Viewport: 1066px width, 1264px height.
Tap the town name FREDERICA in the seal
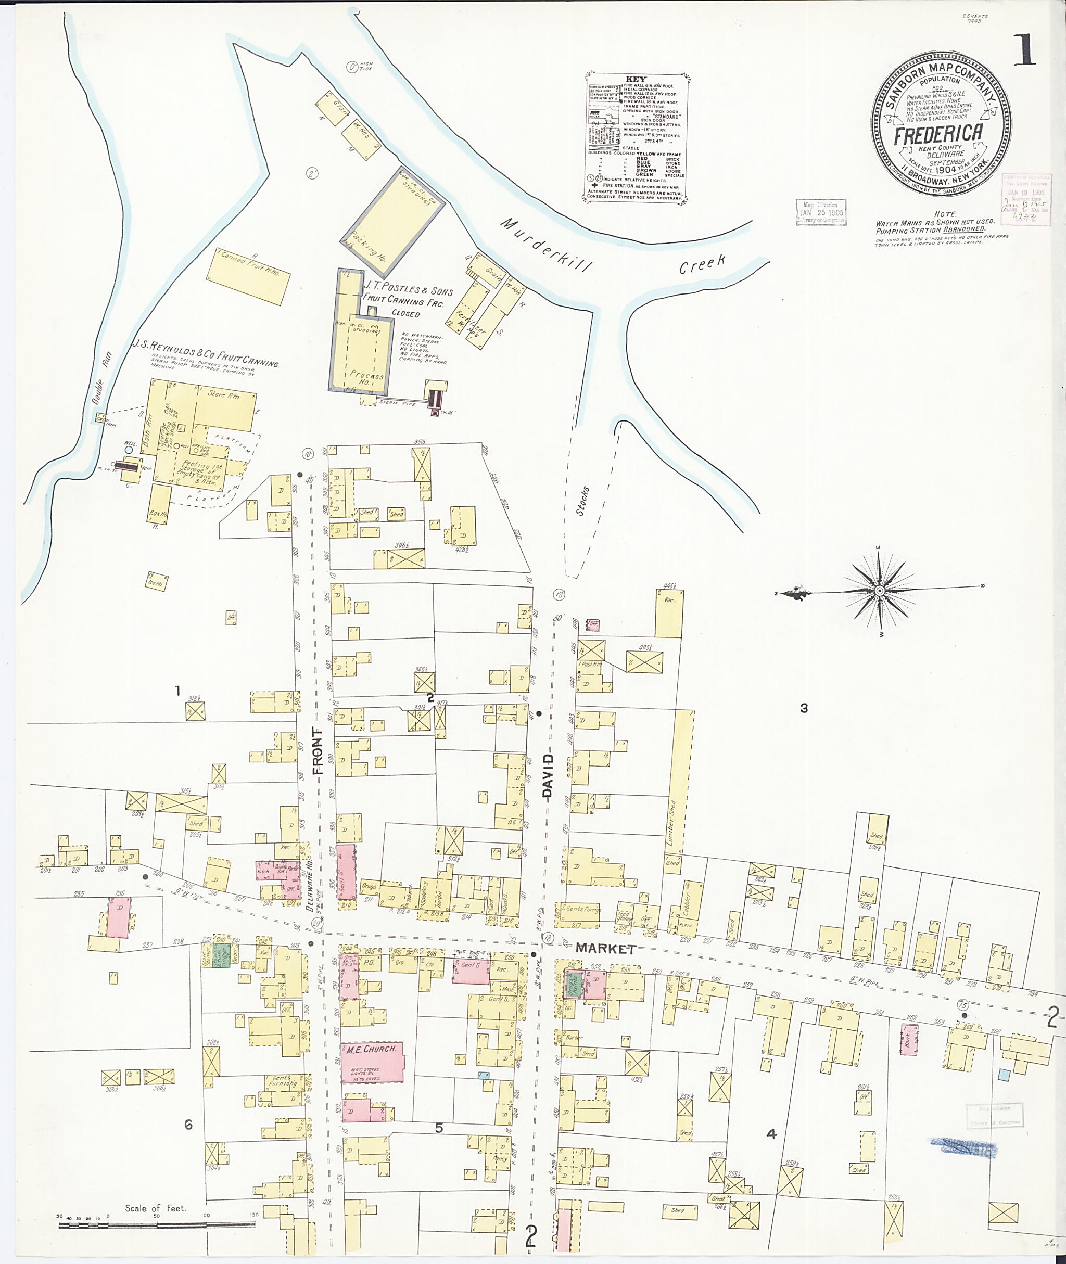938,134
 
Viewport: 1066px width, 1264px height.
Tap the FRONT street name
319,751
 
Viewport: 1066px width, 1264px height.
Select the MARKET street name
605,949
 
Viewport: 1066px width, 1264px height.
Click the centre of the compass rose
880,590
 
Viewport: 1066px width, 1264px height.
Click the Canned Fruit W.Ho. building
247,277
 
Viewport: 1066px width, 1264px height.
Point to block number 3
803,708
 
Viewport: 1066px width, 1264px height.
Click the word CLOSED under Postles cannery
405,314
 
